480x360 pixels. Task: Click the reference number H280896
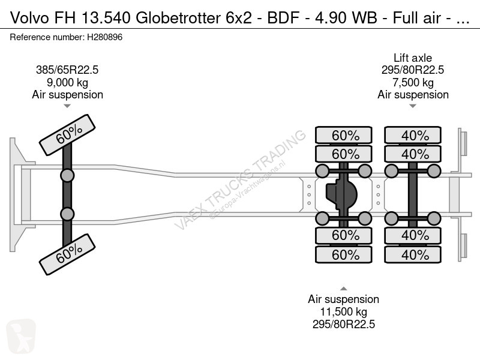[105, 37]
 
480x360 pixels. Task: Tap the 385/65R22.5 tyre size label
[67, 70]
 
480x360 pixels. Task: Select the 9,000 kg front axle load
[67, 82]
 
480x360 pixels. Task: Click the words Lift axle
[413, 58]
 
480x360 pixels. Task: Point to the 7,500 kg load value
[413, 82]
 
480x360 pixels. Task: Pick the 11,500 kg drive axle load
[343, 311]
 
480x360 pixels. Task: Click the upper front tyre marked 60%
[67, 136]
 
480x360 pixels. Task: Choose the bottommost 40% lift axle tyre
[415, 255]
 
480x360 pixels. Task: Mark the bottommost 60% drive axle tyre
[345, 255]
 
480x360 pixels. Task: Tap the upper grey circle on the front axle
[67, 175]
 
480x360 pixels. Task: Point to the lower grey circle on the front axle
[67, 214]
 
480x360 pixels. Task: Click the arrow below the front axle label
[67, 106]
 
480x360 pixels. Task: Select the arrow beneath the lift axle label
[413, 106]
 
